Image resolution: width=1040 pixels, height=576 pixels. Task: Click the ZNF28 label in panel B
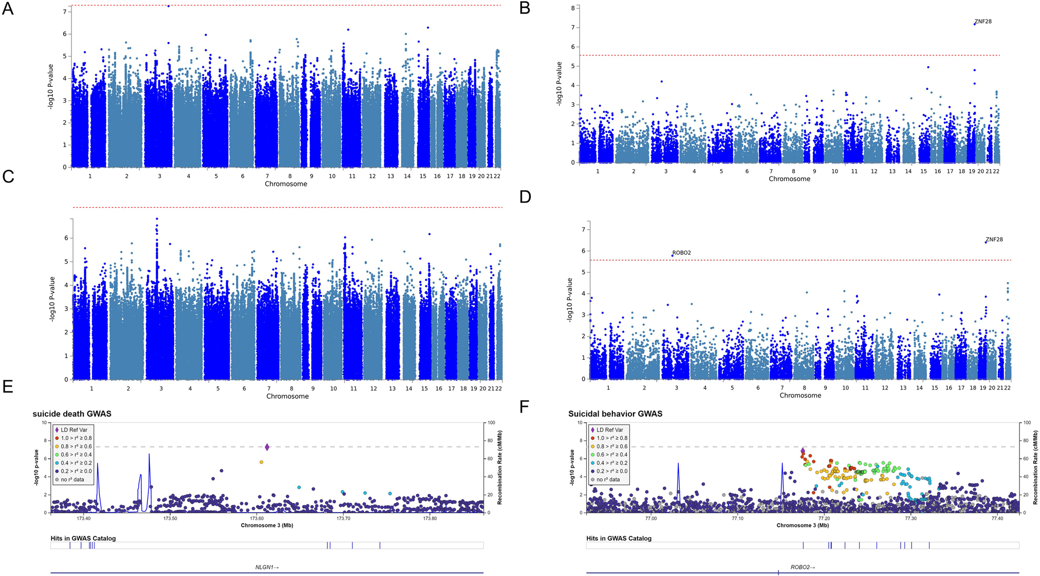click(983, 22)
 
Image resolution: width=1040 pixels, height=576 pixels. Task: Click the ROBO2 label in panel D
click(682, 253)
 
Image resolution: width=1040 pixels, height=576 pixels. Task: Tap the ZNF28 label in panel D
click(994, 239)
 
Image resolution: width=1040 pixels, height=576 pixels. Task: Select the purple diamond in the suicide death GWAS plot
click(267, 447)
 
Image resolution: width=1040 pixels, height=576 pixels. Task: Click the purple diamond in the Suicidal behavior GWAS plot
click(803, 451)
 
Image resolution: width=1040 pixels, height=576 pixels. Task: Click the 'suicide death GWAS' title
click(72, 414)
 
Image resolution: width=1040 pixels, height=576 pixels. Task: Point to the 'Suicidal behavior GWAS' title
click(615, 414)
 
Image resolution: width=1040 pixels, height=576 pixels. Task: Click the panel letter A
click(8, 9)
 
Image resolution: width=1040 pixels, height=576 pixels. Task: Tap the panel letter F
click(524, 407)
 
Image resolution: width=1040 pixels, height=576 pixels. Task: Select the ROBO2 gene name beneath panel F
click(802, 567)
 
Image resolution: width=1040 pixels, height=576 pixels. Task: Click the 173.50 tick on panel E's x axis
click(170, 518)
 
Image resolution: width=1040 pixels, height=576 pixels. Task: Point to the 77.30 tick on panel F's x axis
click(911, 518)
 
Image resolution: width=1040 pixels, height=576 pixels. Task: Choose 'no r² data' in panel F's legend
click(610, 479)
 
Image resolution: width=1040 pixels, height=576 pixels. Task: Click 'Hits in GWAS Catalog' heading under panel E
click(83, 538)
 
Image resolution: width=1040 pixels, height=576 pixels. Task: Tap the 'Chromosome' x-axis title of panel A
click(286, 184)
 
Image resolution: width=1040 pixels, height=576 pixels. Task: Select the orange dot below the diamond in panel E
click(262, 462)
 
